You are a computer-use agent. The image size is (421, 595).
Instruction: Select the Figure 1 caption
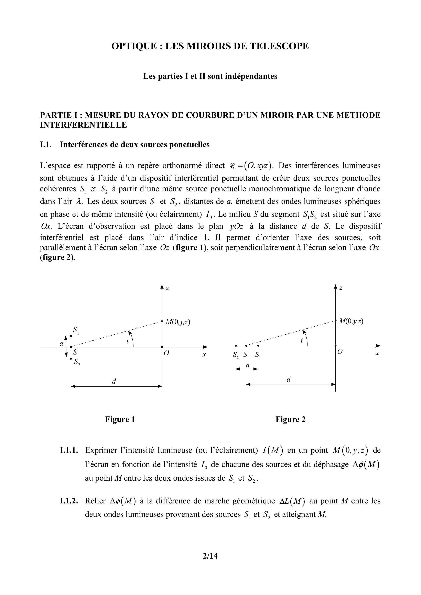(x=120, y=419)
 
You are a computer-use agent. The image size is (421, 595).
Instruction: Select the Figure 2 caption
(x=290, y=419)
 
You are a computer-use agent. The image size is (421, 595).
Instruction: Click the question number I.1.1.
(x=69, y=450)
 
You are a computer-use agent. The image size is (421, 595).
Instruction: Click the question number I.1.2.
(x=69, y=501)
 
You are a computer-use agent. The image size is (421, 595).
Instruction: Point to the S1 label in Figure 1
(x=76, y=330)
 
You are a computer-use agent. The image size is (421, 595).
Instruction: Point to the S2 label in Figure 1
(x=77, y=362)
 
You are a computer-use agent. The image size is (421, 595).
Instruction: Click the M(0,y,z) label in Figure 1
(x=178, y=322)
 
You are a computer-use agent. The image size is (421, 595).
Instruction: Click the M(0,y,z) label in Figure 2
(x=351, y=321)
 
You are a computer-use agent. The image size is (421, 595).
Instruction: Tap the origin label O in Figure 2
(x=339, y=352)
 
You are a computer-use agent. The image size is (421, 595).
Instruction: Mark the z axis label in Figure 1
(x=168, y=288)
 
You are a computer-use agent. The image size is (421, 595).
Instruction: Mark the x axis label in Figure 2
(x=377, y=353)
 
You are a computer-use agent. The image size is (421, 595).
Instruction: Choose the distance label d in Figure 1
(x=114, y=381)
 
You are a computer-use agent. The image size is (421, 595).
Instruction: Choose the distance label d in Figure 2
(x=288, y=380)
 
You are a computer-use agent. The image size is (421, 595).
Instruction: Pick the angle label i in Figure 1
(x=127, y=341)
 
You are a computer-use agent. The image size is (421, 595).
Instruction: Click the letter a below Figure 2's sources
(x=248, y=365)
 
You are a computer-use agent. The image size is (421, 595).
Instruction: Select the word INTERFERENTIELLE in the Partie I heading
(x=83, y=125)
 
